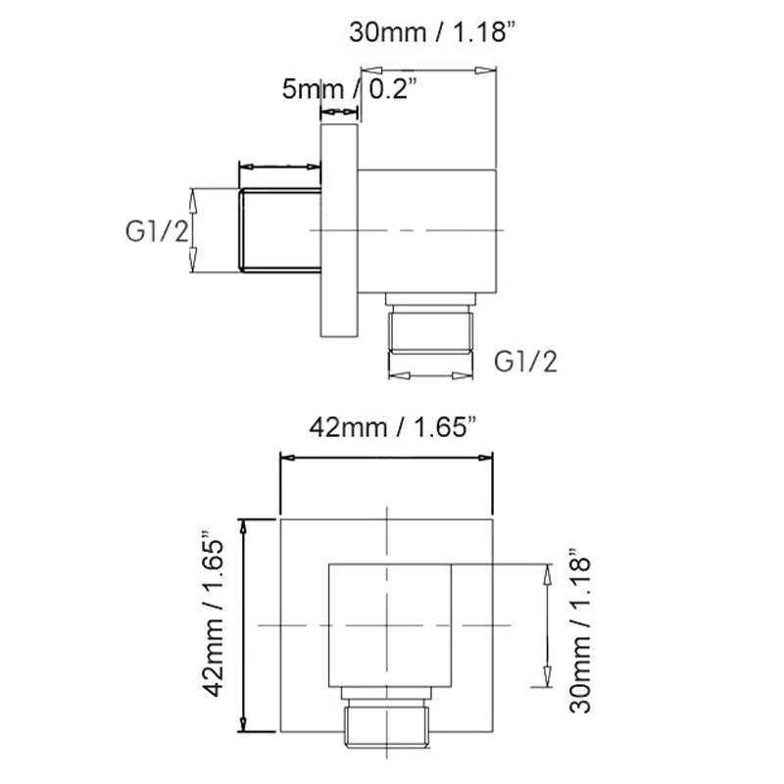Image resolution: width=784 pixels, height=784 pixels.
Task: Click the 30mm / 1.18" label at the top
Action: (432, 32)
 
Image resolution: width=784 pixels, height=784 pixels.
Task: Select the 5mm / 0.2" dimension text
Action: (349, 89)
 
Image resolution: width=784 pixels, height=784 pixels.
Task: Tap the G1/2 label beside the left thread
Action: (157, 231)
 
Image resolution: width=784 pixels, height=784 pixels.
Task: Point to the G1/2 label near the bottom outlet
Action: (525, 362)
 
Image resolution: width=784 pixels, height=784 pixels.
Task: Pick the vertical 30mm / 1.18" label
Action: (580, 630)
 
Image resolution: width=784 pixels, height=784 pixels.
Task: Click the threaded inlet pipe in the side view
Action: (280, 230)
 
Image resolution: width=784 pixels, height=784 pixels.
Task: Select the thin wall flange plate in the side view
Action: (339, 230)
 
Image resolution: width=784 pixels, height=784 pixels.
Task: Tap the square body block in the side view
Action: (427, 231)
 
